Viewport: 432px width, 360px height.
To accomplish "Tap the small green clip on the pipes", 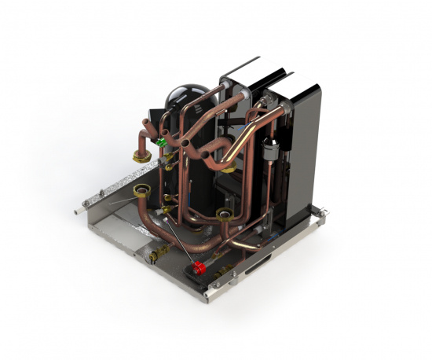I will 162,142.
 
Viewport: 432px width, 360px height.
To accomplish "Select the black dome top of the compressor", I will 186,96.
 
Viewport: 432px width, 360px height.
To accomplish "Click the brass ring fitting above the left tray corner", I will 142,191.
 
